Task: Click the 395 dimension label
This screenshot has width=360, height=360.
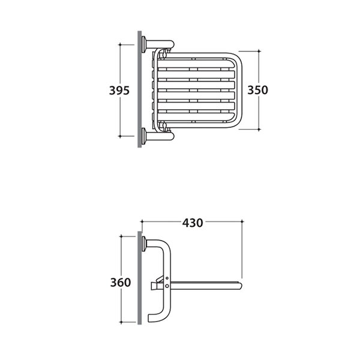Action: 119,90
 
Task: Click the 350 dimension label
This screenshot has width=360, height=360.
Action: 257,90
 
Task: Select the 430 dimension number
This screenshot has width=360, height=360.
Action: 193,223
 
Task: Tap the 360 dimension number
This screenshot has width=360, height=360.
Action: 121,283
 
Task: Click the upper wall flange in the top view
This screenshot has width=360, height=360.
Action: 144,44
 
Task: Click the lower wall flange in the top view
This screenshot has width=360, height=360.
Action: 144,136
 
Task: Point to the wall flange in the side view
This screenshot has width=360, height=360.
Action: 145,244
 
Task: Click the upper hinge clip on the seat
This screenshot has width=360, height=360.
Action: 164,54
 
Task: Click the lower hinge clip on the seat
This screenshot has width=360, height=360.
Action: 164,126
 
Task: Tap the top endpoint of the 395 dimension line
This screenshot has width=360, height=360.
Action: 120,44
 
